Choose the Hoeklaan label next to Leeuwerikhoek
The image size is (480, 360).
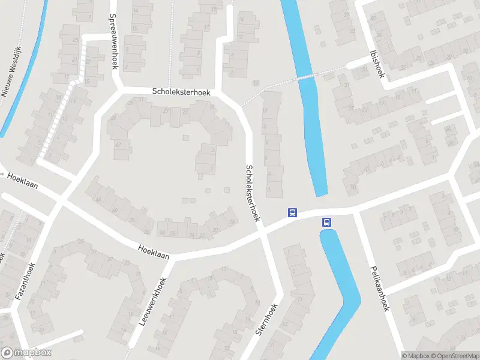(153, 252)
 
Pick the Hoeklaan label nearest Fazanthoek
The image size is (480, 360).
(23, 181)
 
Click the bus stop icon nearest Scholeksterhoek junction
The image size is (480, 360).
(292, 212)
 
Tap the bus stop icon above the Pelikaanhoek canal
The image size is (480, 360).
(327, 221)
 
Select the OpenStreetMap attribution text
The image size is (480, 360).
(455, 355)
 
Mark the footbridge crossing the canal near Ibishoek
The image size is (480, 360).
(307, 76)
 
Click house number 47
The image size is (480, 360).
(118, 145)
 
